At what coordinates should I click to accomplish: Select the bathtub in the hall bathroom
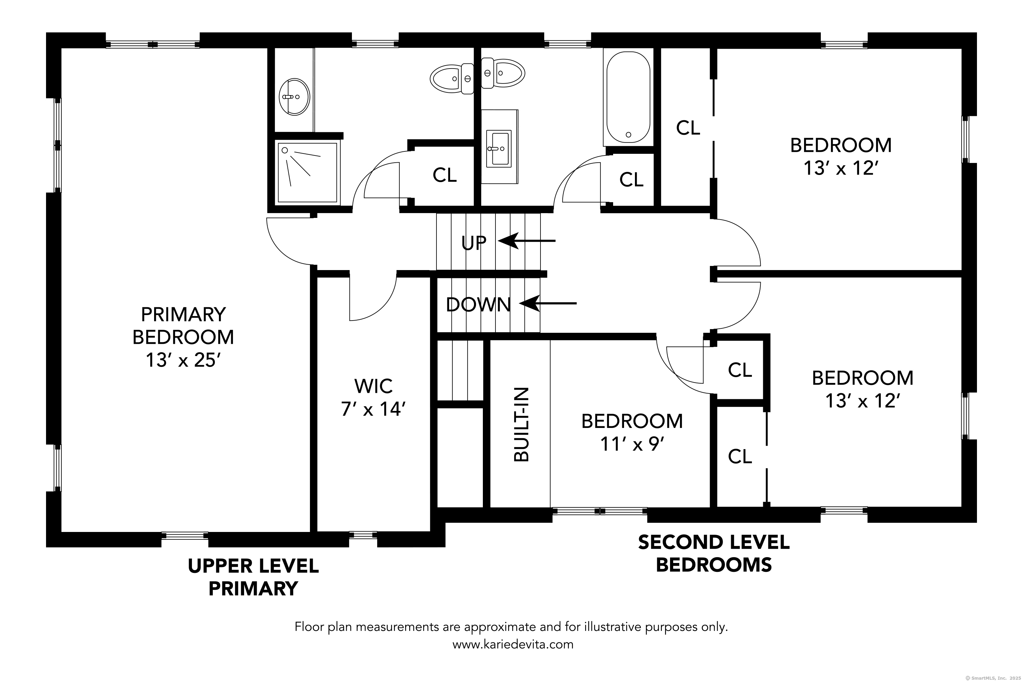[628, 97]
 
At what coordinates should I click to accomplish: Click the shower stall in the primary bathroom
[307, 172]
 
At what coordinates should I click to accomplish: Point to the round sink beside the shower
[295, 97]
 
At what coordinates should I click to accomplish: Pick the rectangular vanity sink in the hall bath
[499, 148]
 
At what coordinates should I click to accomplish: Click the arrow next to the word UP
[526, 240]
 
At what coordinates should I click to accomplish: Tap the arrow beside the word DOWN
[548, 303]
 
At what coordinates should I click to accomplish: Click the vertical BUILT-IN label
[521, 425]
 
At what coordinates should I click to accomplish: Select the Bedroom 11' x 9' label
[632, 432]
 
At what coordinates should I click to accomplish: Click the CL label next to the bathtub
[631, 179]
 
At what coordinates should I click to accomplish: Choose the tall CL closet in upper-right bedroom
[688, 128]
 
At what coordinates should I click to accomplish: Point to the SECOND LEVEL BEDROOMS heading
[713, 553]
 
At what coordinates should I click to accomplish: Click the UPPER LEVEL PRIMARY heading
[253, 577]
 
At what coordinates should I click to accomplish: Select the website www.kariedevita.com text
[513, 644]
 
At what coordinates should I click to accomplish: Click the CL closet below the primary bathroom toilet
[445, 175]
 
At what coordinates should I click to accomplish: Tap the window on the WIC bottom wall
[363, 535]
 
